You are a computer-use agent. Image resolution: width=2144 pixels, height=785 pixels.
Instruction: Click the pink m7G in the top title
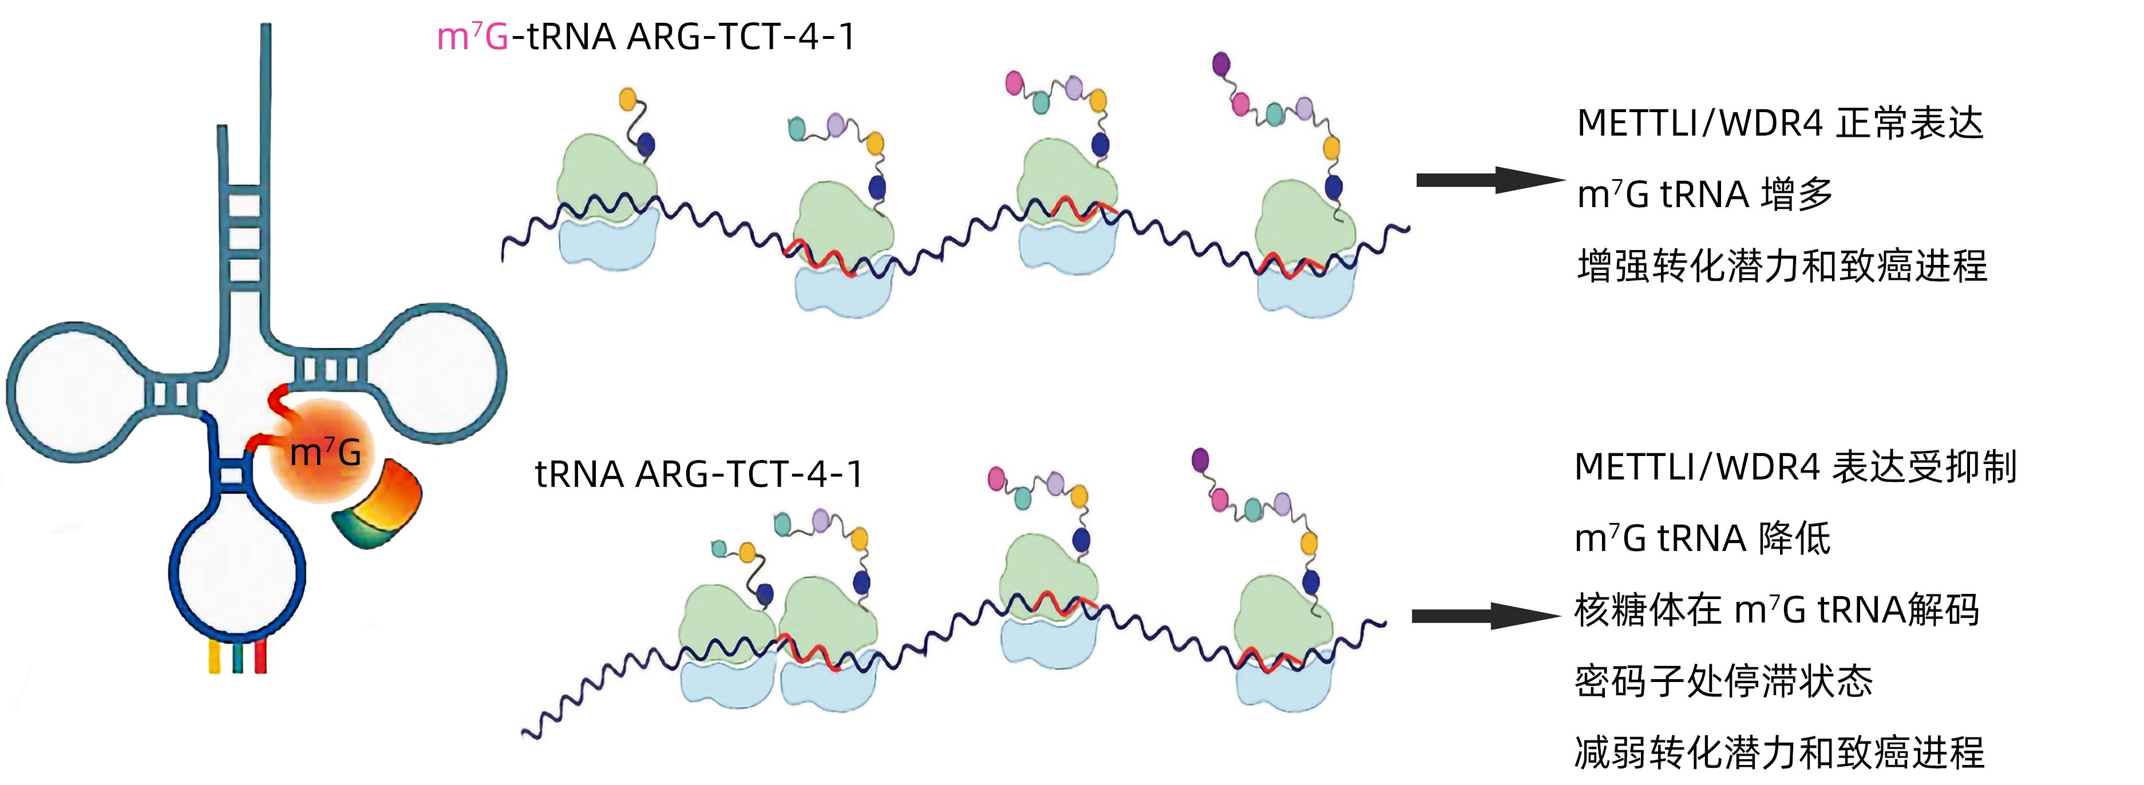pyautogui.click(x=472, y=37)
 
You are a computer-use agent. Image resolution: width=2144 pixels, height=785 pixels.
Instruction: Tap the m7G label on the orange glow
pyautogui.click(x=326, y=452)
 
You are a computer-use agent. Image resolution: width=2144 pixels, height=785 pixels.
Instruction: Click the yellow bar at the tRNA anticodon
pyautogui.click(x=214, y=655)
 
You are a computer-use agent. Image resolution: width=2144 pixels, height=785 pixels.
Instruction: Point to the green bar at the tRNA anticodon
pyautogui.click(x=238, y=655)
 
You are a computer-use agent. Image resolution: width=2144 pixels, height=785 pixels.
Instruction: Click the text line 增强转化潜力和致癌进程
pyautogui.click(x=1782, y=267)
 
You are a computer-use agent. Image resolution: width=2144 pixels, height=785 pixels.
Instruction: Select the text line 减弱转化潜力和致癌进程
pyautogui.click(x=1779, y=752)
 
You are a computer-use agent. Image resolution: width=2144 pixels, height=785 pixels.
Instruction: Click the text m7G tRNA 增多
pyautogui.click(x=1704, y=195)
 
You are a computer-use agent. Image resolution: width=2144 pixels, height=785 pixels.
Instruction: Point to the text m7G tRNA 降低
pyautogui.click(x=1702, y=538)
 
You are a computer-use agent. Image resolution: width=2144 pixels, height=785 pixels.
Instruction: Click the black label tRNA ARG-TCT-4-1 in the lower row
pyautogui.click(x=698, y=474)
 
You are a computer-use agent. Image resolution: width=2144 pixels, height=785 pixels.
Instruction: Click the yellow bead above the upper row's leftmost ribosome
pyautogui.click(x=628, y=99)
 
